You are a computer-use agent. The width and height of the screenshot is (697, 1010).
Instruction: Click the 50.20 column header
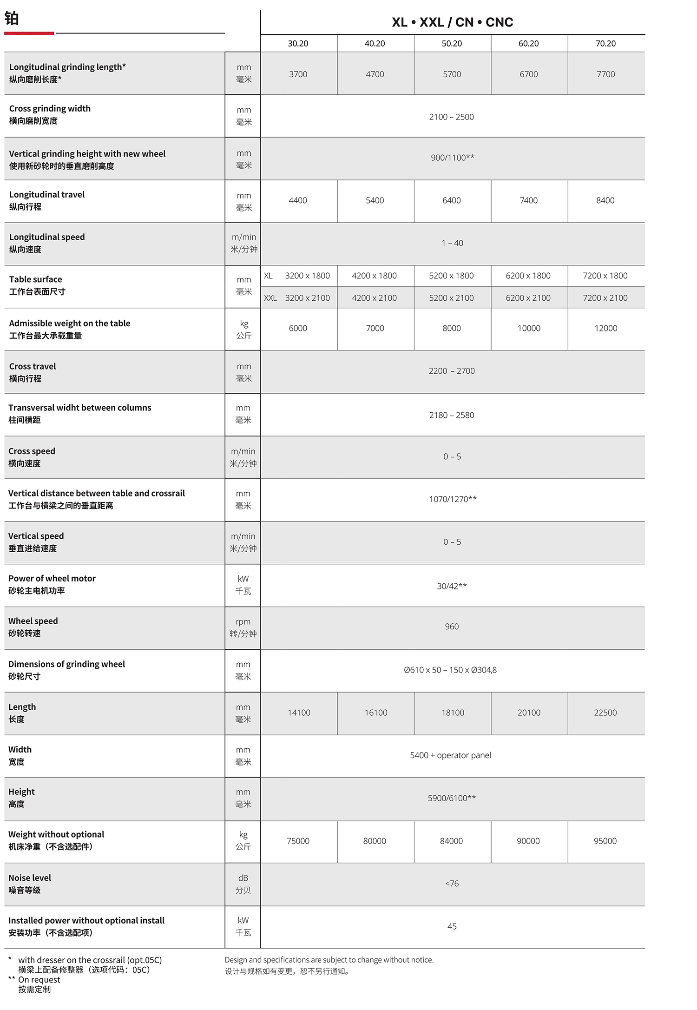pos(452,44)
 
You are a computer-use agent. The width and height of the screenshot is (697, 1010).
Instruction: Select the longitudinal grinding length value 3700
pos(298,74)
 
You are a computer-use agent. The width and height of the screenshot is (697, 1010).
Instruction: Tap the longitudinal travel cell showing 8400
pos(605,200)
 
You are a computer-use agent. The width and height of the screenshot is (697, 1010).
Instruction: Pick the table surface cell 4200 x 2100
pos(374,298)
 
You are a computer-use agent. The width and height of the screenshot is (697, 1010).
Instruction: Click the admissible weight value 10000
pos(529,328)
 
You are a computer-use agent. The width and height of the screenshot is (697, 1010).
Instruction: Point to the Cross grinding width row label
pos(50,109)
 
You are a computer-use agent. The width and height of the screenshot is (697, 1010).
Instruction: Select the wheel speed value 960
pos(452,627)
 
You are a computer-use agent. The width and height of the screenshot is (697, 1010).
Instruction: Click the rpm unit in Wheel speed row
pos(243,622)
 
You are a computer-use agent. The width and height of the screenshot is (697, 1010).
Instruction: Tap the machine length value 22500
pos(605,713)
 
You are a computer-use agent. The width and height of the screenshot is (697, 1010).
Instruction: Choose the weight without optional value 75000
pos(298,841)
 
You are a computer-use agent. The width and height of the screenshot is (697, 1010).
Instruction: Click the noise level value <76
pos(452,883)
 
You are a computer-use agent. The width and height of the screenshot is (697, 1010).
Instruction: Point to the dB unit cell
pos(243,878)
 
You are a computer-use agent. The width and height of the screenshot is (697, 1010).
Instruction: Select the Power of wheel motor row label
pos(52,579)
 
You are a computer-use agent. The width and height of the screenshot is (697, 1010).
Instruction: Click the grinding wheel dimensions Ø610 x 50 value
pos(450,670)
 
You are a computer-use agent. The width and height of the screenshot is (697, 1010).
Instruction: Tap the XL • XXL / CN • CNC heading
pos(452,22)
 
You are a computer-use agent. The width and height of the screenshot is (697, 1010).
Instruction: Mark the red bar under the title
pos(29,33)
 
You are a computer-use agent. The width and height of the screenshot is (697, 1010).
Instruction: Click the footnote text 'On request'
pos(39,980)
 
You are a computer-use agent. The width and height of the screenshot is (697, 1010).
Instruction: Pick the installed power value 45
pos(452,926)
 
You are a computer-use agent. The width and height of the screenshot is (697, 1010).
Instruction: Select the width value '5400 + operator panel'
pos(450,755)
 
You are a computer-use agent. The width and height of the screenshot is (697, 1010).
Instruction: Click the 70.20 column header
pos(605,44)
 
